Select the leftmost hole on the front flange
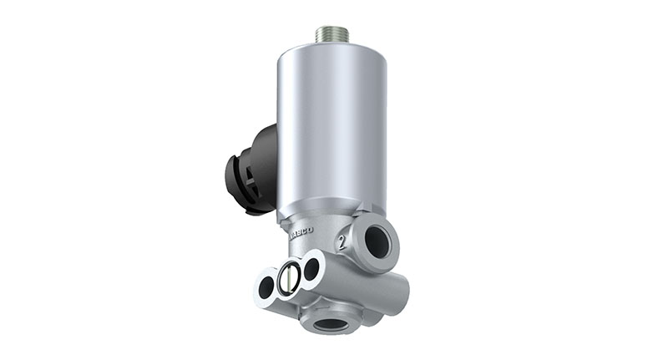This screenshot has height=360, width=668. [x=266, y=286]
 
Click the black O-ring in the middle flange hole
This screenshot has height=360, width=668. [x=289, y=276]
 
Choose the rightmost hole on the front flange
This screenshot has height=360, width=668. [x=311, y=268]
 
